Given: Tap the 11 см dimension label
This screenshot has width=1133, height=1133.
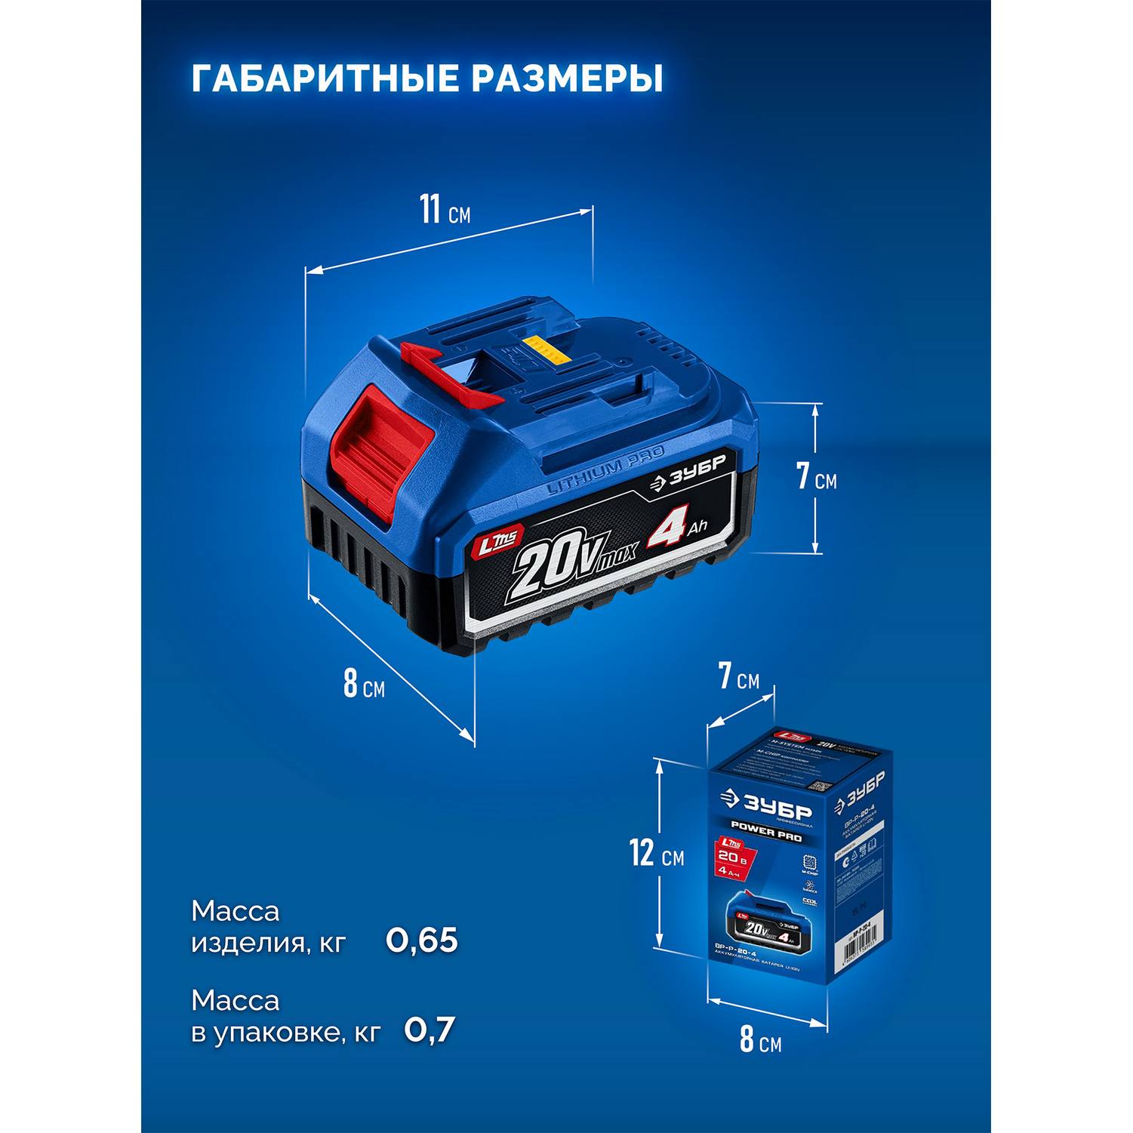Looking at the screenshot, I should (445, 210).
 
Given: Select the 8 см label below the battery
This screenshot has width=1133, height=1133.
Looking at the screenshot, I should (364, 684).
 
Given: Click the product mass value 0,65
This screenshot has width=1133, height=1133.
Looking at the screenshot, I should (422, 941).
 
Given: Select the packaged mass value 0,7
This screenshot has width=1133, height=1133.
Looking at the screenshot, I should (430, 1030).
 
